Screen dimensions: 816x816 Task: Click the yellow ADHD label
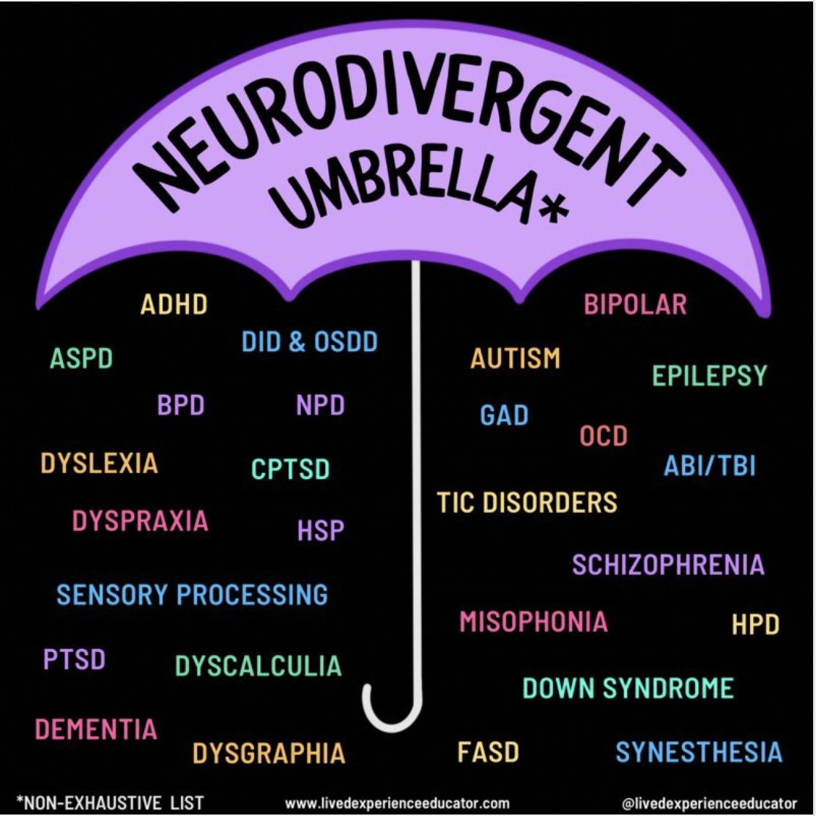click(174, 305)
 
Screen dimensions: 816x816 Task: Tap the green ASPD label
click(81, 358)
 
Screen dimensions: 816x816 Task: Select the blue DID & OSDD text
click(310, 341)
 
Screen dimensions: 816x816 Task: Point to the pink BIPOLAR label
click(635, 305)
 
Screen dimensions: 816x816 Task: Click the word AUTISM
click(515, 358)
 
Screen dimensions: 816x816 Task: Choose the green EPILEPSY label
click(710, 375)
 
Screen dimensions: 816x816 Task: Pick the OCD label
click(604, 436)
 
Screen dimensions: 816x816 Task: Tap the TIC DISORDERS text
click(527, 502)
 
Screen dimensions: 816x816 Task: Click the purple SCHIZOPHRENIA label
click(668, 565)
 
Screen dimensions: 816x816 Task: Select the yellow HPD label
click(756, 624)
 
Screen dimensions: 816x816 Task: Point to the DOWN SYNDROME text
click(628, 688)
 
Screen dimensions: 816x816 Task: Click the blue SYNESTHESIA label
click(699, 752)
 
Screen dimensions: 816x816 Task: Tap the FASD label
click(488, 752)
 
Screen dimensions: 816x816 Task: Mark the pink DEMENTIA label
click(96, 729)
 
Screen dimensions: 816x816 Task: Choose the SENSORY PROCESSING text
click(192, 594)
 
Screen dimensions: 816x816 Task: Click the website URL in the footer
click(397, 804)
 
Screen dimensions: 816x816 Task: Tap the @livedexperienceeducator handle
click(709, 804)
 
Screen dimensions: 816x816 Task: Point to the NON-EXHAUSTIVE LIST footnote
click(111, 803)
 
